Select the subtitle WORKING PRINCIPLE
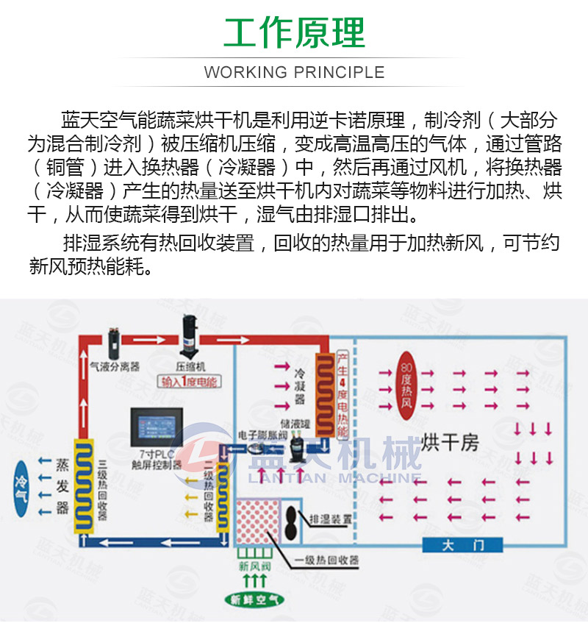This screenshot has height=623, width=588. coord(294,72)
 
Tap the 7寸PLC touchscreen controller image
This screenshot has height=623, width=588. coord(155,428)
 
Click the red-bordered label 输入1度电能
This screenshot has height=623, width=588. coord(190,382)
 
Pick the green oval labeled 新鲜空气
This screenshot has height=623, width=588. coord(254,599)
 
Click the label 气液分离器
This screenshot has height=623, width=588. coord(114,366)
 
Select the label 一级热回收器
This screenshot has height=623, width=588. coord(327,560)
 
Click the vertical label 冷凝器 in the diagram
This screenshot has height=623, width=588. coord(299,386)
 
